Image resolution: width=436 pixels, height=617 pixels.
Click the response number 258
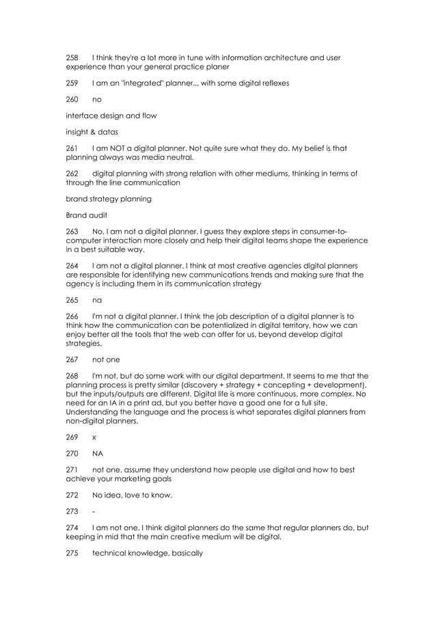click(x=72, y=57)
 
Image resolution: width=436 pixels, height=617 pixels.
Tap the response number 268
click(x=72, y=376)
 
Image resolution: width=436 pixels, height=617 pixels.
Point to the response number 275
click(x=72, y=553)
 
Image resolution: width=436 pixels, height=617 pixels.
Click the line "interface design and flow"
click(x=111, y=115)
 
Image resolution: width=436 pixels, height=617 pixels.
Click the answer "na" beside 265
click(x=96, y=300)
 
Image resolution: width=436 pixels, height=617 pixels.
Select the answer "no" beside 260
click(x=96, y=99)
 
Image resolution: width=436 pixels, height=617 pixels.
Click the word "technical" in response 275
click(x=110, y=553)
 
